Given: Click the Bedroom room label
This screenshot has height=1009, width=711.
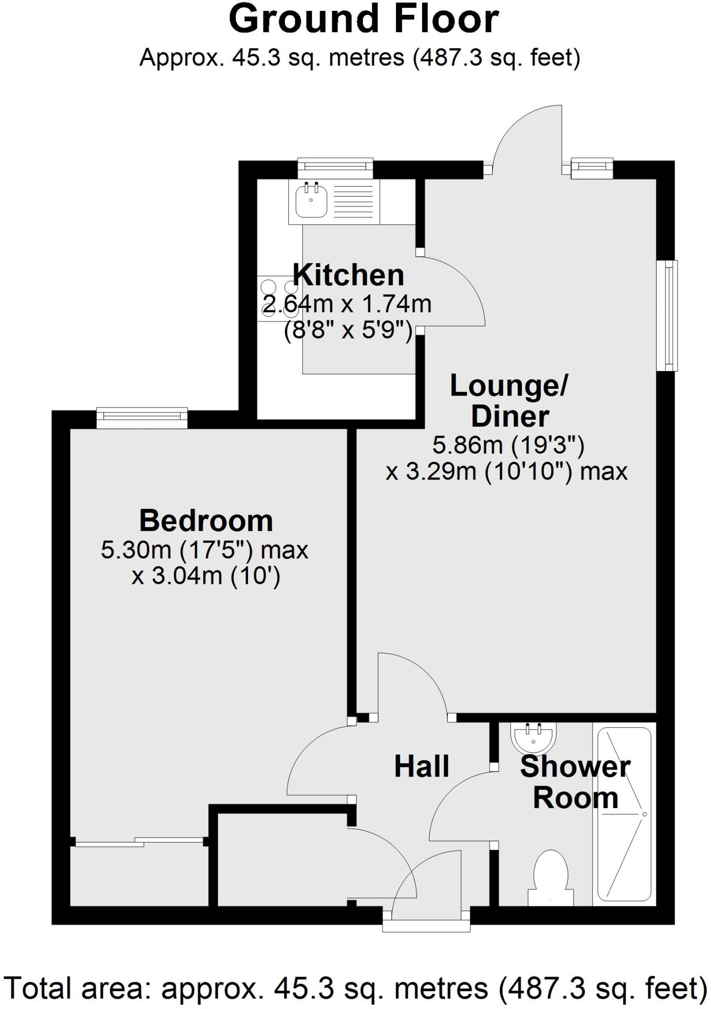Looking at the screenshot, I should [x=206, y=520].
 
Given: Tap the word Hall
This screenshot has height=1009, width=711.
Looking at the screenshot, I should [x=422, y=767].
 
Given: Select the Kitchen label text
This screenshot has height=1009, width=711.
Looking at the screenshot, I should [x=349, y=275].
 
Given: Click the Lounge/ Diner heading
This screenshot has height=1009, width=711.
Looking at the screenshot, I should [x=509, y=401].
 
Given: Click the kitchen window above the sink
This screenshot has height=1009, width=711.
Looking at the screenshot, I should [x=335, y=168].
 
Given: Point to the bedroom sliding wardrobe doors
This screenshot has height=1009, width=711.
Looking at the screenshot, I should [x=140, y=842].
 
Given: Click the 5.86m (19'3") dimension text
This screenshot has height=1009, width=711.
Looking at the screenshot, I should [x=508, y=445].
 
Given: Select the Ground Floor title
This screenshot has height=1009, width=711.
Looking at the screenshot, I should [x=364, y=20].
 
